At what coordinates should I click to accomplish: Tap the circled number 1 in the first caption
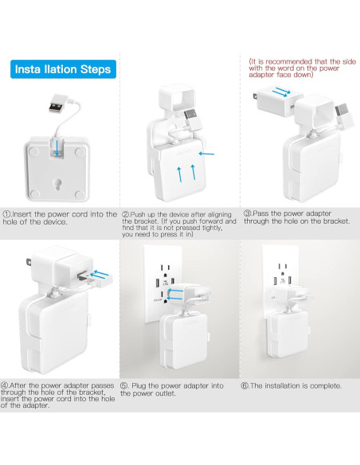click(7, 213)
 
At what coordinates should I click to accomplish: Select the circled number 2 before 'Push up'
click(125, 213)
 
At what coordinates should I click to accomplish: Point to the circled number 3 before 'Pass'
click(247, 213)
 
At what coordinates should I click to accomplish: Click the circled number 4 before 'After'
click(7, 385)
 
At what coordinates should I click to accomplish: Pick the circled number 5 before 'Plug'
click(125, 385)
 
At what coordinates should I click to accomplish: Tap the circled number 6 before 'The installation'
click(247, 385)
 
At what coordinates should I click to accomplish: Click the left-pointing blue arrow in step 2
click(207, 154)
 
